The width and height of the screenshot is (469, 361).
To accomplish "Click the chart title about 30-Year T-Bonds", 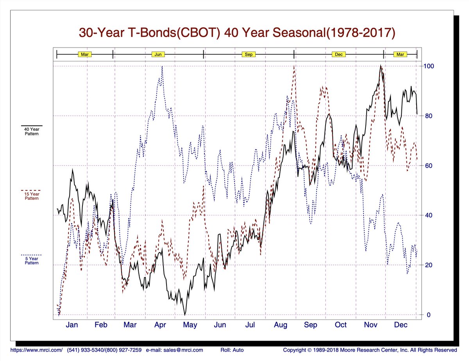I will [x=237, y=32].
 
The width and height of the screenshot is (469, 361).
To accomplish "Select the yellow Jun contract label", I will [x=158, y=54].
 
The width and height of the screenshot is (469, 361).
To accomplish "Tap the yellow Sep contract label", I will [x=249, y=54].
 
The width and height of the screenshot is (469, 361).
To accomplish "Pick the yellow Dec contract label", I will [x=338, y=54].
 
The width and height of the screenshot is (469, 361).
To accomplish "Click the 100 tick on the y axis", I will [x=429, y=66].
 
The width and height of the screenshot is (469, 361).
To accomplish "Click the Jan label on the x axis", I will [x=72, y=325].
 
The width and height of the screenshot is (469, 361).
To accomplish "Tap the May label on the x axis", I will [x=190, y=325].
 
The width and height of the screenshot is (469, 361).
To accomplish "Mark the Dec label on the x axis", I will [x=400, y=325].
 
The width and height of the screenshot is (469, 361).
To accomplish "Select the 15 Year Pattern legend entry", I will [x=32, y=196].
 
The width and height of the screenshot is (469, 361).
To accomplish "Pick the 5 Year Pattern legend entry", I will [x=32, y=260].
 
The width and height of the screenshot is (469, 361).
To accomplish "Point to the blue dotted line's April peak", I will [x=162, y=66].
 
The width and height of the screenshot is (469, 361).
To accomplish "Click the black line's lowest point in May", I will [x=185, y=315].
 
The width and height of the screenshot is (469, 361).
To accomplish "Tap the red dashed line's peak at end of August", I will [x=294, y=66].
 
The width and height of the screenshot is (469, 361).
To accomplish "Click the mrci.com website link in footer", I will [x=36, y=350].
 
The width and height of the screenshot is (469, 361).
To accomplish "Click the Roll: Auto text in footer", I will [x=232, y=350].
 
